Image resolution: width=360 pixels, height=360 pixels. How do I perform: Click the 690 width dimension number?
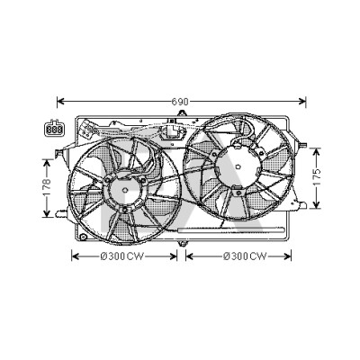tap(180, 102)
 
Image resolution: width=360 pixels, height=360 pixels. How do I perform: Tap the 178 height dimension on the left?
tap(47, 188)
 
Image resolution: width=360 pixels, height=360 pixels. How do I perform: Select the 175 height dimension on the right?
tap(317, 178)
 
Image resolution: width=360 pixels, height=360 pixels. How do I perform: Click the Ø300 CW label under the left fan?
tap(122, 256)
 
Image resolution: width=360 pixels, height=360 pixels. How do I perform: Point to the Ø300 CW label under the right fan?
tap(245, 256)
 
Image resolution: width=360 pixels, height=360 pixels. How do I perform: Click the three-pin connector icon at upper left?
tap(54, 129)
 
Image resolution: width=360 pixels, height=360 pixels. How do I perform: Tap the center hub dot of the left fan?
tap(125, 190)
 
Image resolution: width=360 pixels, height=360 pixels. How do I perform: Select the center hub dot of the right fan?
tap(238, 166)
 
